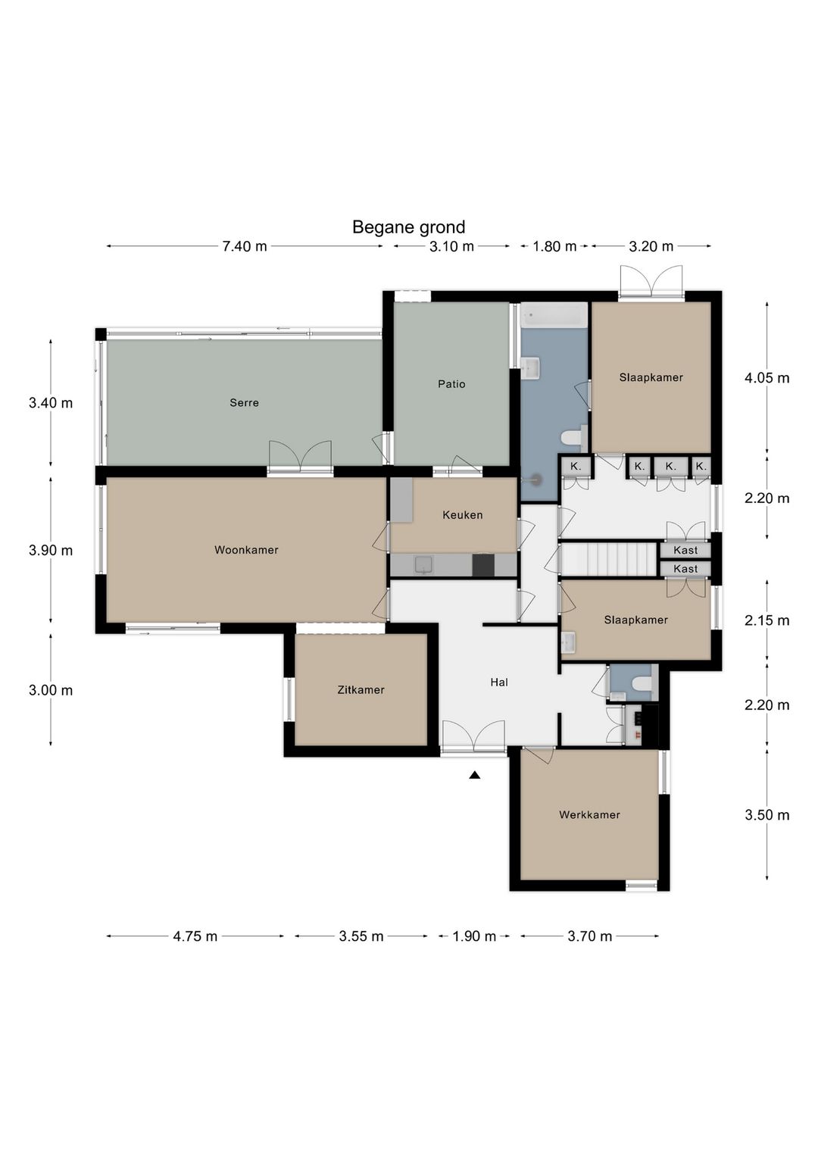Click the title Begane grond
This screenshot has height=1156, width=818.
pyautogui.click(x=408, y=227)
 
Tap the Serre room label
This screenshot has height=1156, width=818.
pyautogui.click(x=244, y=402)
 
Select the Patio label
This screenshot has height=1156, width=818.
pyautogui.click(x=451, y=384)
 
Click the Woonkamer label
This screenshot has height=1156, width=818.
pyautogui.click(x=246, y=550)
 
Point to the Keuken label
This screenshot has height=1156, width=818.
pyautogui.click(x=463, y=515)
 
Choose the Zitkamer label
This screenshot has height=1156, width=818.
pyautogui.click(x=361, y=690)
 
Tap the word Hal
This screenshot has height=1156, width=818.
pyautogui.click(x=499, y=683)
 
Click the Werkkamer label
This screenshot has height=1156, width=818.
pyautogui.click(x=589, y=815)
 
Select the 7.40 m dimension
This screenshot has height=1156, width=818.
pyautogui.click(x=245, y=247)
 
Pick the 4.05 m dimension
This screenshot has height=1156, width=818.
pyautogui.click(x=767, y=378)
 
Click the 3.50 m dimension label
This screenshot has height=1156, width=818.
pyautogui.click(x=767, y=815)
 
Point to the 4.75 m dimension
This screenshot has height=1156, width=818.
pyautogui.click(x=195, y=936)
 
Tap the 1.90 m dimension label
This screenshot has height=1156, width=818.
pyautogui.click(x=474, y=936)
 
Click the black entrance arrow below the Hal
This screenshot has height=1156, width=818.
pyautogui.click(x=474, y=775)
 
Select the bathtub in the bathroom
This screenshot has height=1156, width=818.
pyautogui.click(x=554, y=314)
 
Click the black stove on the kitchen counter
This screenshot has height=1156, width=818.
pyautogui.click(x=483, y=565)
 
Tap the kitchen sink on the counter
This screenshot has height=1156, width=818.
pyautogui.click(x=423, y=565)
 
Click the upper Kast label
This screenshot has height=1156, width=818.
pyautogui.click(x=685, y=550)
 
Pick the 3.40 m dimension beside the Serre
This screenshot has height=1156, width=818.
pyautogui.click(x=51, y=403)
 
